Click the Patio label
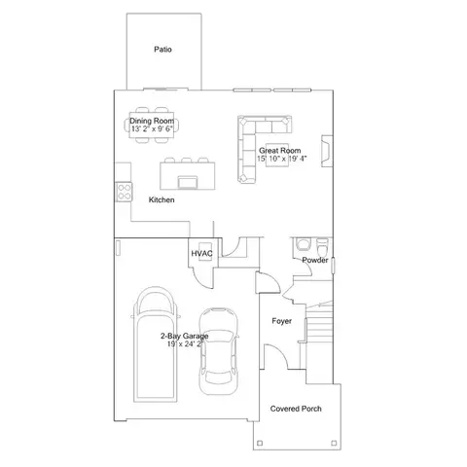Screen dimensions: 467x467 (162, 50)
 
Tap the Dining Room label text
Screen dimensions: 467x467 (152, 121)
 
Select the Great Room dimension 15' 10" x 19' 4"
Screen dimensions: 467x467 (281, 159)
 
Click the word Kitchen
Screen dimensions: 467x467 (162, 199)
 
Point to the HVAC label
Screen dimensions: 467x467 (201, 254)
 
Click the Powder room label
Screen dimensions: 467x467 (315, 260)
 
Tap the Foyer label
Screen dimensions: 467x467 (281, 321)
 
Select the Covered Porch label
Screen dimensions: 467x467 (296, 409)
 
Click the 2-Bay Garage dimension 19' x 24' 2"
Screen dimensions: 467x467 (185, 343)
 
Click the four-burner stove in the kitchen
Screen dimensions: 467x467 (125, 192)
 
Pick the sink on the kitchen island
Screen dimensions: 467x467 (188, 182)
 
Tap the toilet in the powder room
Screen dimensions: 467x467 (322, 247)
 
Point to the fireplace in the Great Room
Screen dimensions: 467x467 (327, 151)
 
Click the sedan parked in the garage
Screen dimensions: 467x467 (218, 351)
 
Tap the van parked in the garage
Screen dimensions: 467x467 (156, 344)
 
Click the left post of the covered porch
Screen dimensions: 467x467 (260, 443)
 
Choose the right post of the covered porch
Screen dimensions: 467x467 (334, 443)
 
